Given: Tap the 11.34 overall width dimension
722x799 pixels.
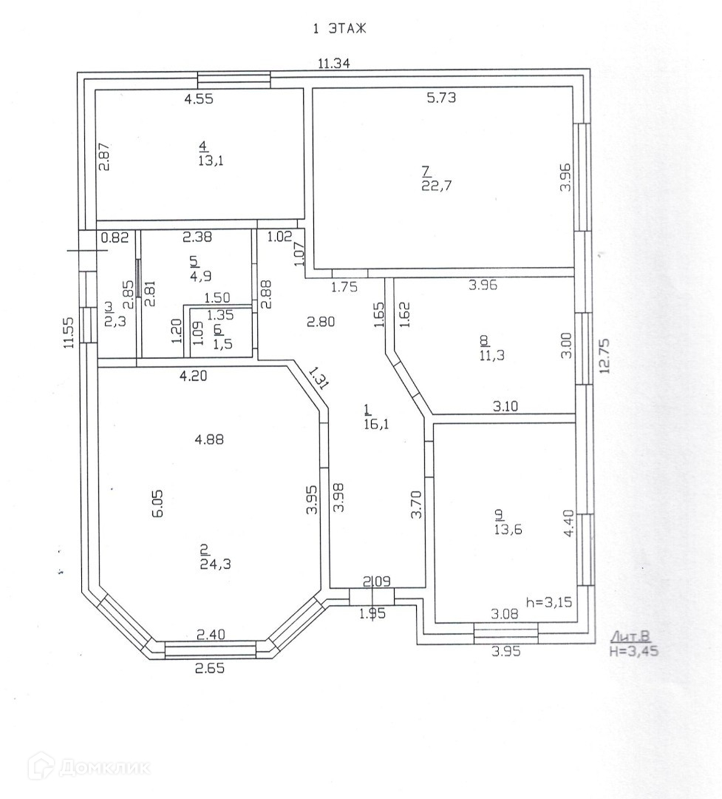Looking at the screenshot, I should (x=333, y=64).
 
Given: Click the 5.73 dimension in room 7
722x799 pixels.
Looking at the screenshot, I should (x=441, y=98).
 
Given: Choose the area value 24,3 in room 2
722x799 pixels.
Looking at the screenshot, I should (x=214, y=564).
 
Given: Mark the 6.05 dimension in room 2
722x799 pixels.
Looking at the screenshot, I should (x=157, y=503).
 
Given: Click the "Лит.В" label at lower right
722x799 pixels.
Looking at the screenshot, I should (x=630, y=637).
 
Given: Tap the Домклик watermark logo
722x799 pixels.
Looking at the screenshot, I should (x=89, y=766).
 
